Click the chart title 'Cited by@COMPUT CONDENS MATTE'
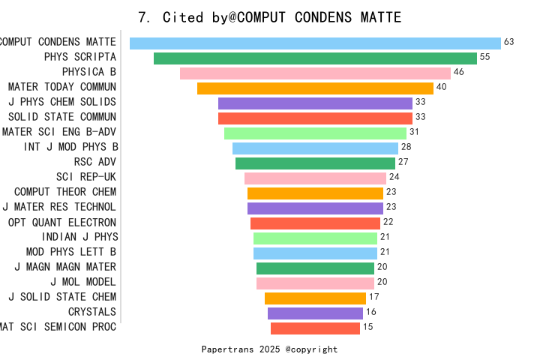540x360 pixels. point(270,17)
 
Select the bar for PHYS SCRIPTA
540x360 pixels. point(315,58)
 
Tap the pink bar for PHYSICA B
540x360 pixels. point(315,73)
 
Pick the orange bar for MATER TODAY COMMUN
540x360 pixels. point(315,88)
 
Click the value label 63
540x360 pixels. point(509,42)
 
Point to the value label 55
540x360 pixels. point(485,57)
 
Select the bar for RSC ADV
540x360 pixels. point(315,163)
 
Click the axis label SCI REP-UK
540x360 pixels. point(86,177)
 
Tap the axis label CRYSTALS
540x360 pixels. point(92,312)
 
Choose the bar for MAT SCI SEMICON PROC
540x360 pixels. point(315,328)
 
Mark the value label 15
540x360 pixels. point(368,327)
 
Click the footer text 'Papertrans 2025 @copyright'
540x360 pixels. point(270,349)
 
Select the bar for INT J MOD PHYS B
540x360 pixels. point(315,148)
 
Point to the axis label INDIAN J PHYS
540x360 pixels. point(79,237)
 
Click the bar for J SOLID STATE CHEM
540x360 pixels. point(315,298)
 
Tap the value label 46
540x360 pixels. point(459,72)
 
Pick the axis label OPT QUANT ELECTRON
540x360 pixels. point(62,222)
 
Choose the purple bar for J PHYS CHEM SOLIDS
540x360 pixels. point(315,103)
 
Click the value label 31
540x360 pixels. point(415,132)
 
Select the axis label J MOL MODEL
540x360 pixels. point(83,282)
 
